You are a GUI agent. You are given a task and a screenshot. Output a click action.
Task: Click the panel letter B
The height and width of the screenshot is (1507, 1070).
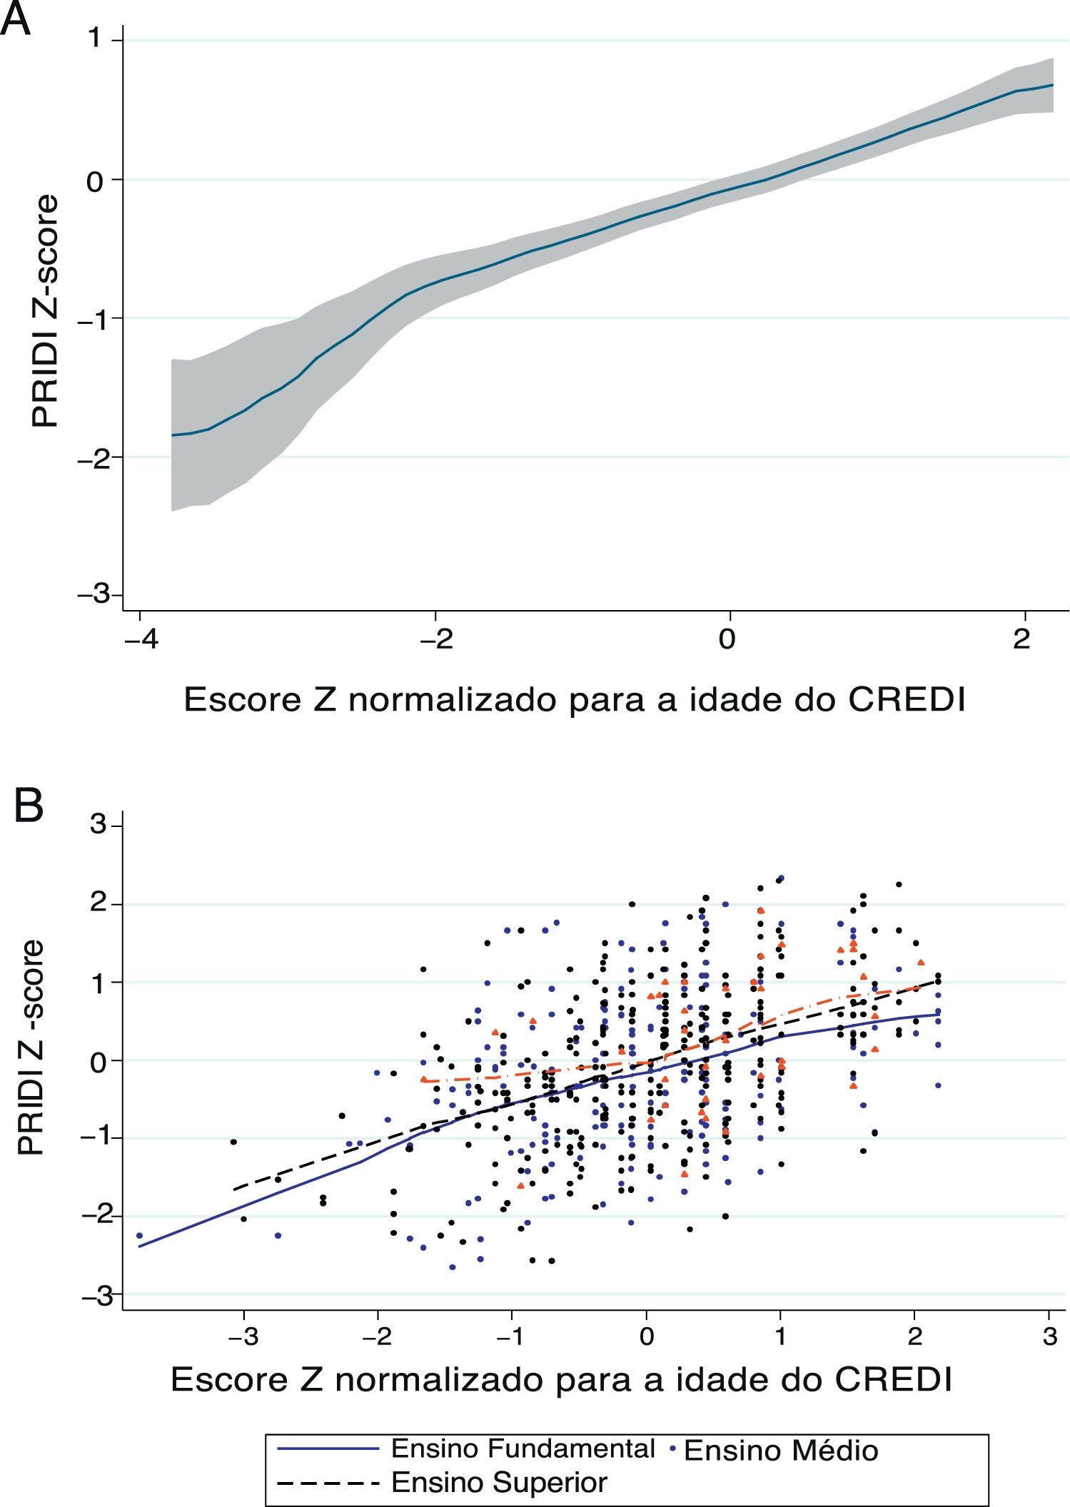coord(29,806)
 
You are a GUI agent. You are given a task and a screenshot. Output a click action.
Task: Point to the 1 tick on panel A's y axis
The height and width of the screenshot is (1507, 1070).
coord(94,39)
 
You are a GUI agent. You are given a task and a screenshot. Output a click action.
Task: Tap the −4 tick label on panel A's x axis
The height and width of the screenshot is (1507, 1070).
coord(140,639)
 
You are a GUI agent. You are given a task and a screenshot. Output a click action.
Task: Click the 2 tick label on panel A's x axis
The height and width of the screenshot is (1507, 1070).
coord(1022,639)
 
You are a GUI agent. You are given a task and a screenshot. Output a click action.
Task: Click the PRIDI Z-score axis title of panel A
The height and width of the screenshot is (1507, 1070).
coord(44,312)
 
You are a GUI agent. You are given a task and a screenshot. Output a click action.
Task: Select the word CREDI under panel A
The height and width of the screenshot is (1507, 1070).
coord(907,700)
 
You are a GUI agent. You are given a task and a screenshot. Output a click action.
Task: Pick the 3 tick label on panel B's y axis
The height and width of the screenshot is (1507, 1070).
coord(98,826)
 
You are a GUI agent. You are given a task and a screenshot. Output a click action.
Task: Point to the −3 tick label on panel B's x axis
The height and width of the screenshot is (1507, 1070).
coord(243,1336)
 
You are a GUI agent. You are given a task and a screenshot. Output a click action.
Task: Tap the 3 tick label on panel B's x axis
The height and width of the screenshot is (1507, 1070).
coord(1049,1336)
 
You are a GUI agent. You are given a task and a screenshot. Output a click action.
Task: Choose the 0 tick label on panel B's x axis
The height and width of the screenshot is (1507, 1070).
coord(647,1336)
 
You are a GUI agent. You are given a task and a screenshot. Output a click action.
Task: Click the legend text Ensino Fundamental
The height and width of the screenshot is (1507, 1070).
coord(523,1448)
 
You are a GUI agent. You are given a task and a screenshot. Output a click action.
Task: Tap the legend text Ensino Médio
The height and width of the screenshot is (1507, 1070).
coord(781,1451)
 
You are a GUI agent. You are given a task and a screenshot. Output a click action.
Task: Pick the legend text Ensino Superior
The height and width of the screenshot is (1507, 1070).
coord(499,1483)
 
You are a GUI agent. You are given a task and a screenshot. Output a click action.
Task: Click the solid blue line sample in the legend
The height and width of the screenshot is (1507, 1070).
coord(328,1448)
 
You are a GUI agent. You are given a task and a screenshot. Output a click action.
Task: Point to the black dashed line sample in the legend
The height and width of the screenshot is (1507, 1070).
coord(328,1483)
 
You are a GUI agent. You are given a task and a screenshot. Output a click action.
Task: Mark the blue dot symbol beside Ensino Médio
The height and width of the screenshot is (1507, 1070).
coord(672,1449)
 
